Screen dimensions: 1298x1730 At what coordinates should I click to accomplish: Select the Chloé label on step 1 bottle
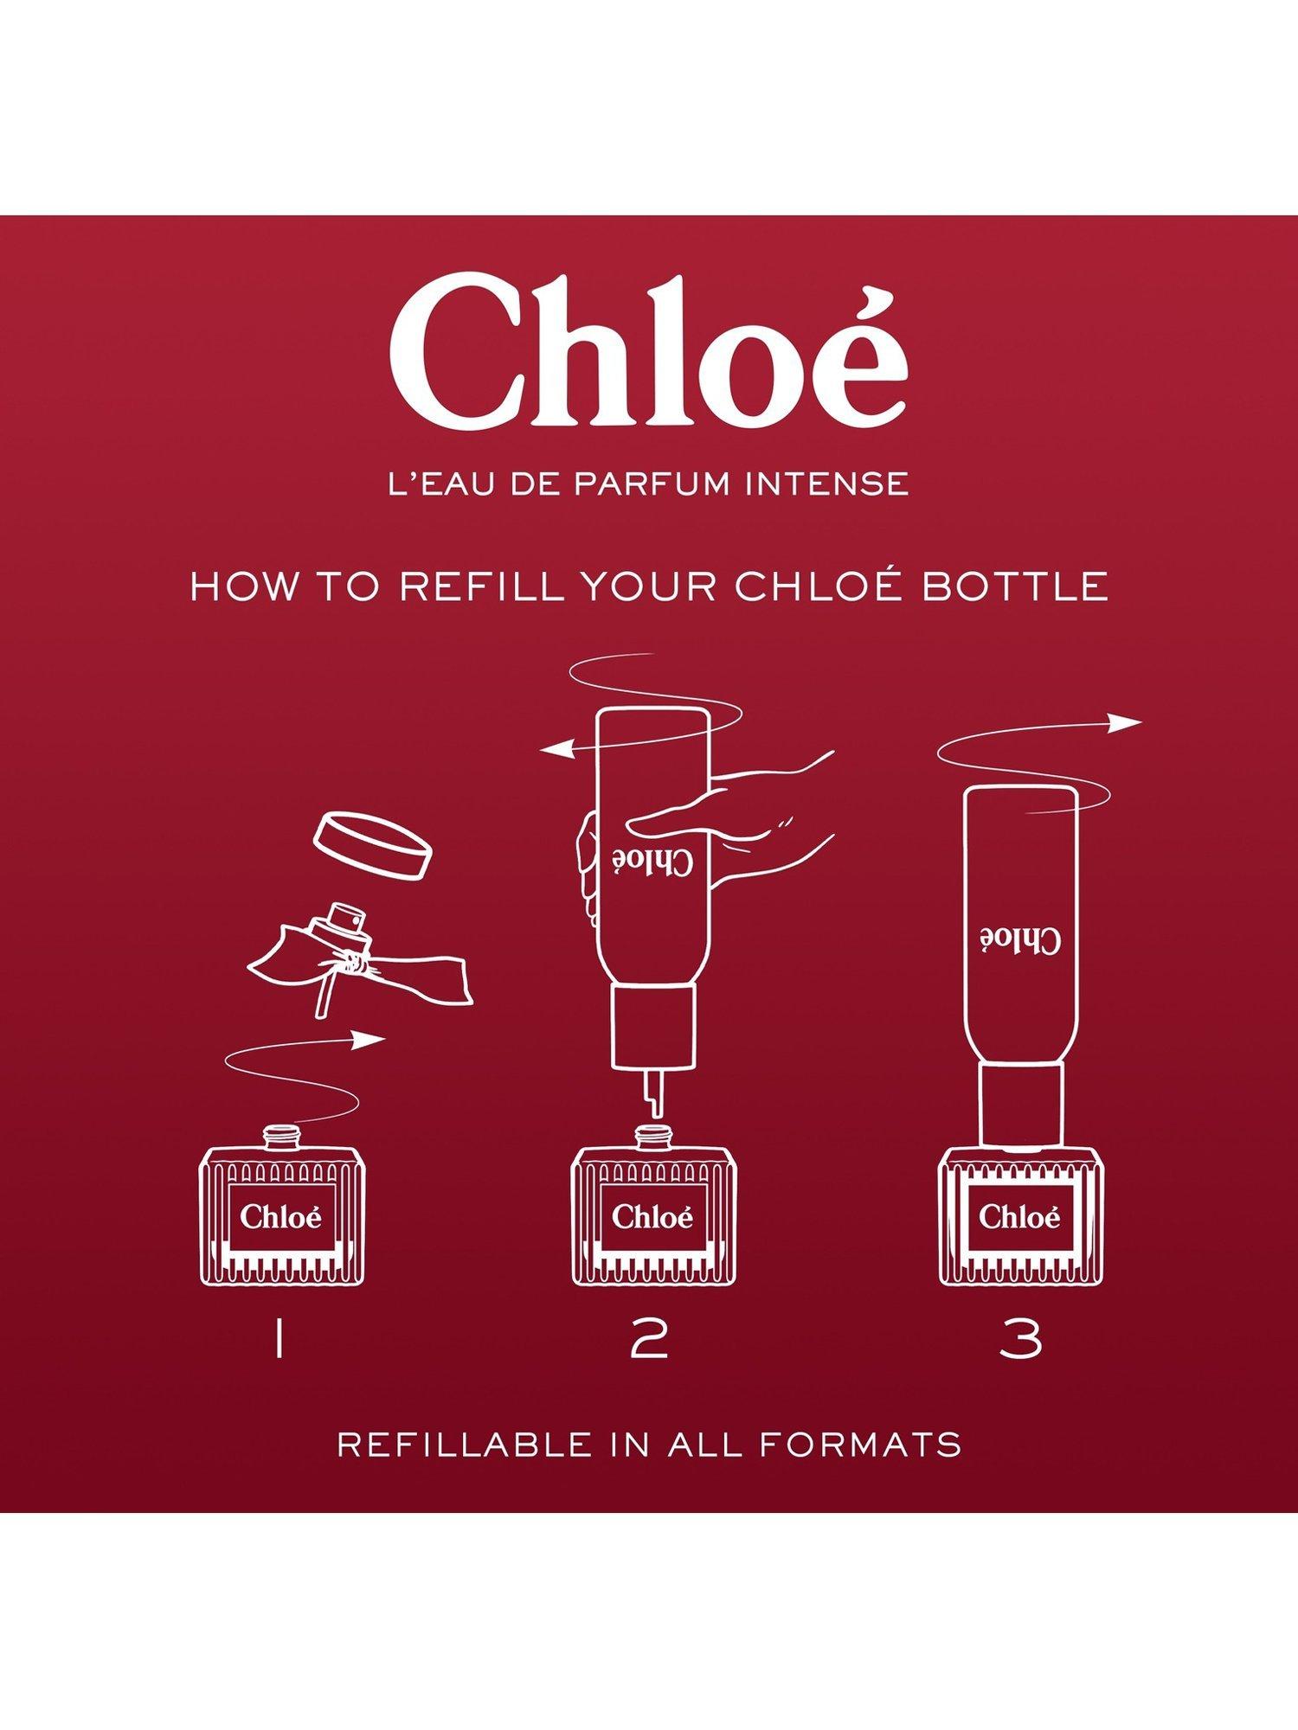point(281,1216)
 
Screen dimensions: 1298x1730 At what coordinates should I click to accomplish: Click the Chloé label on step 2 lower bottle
point(652,1216)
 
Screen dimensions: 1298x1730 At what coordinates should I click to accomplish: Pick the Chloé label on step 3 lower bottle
point(1019,1216)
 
